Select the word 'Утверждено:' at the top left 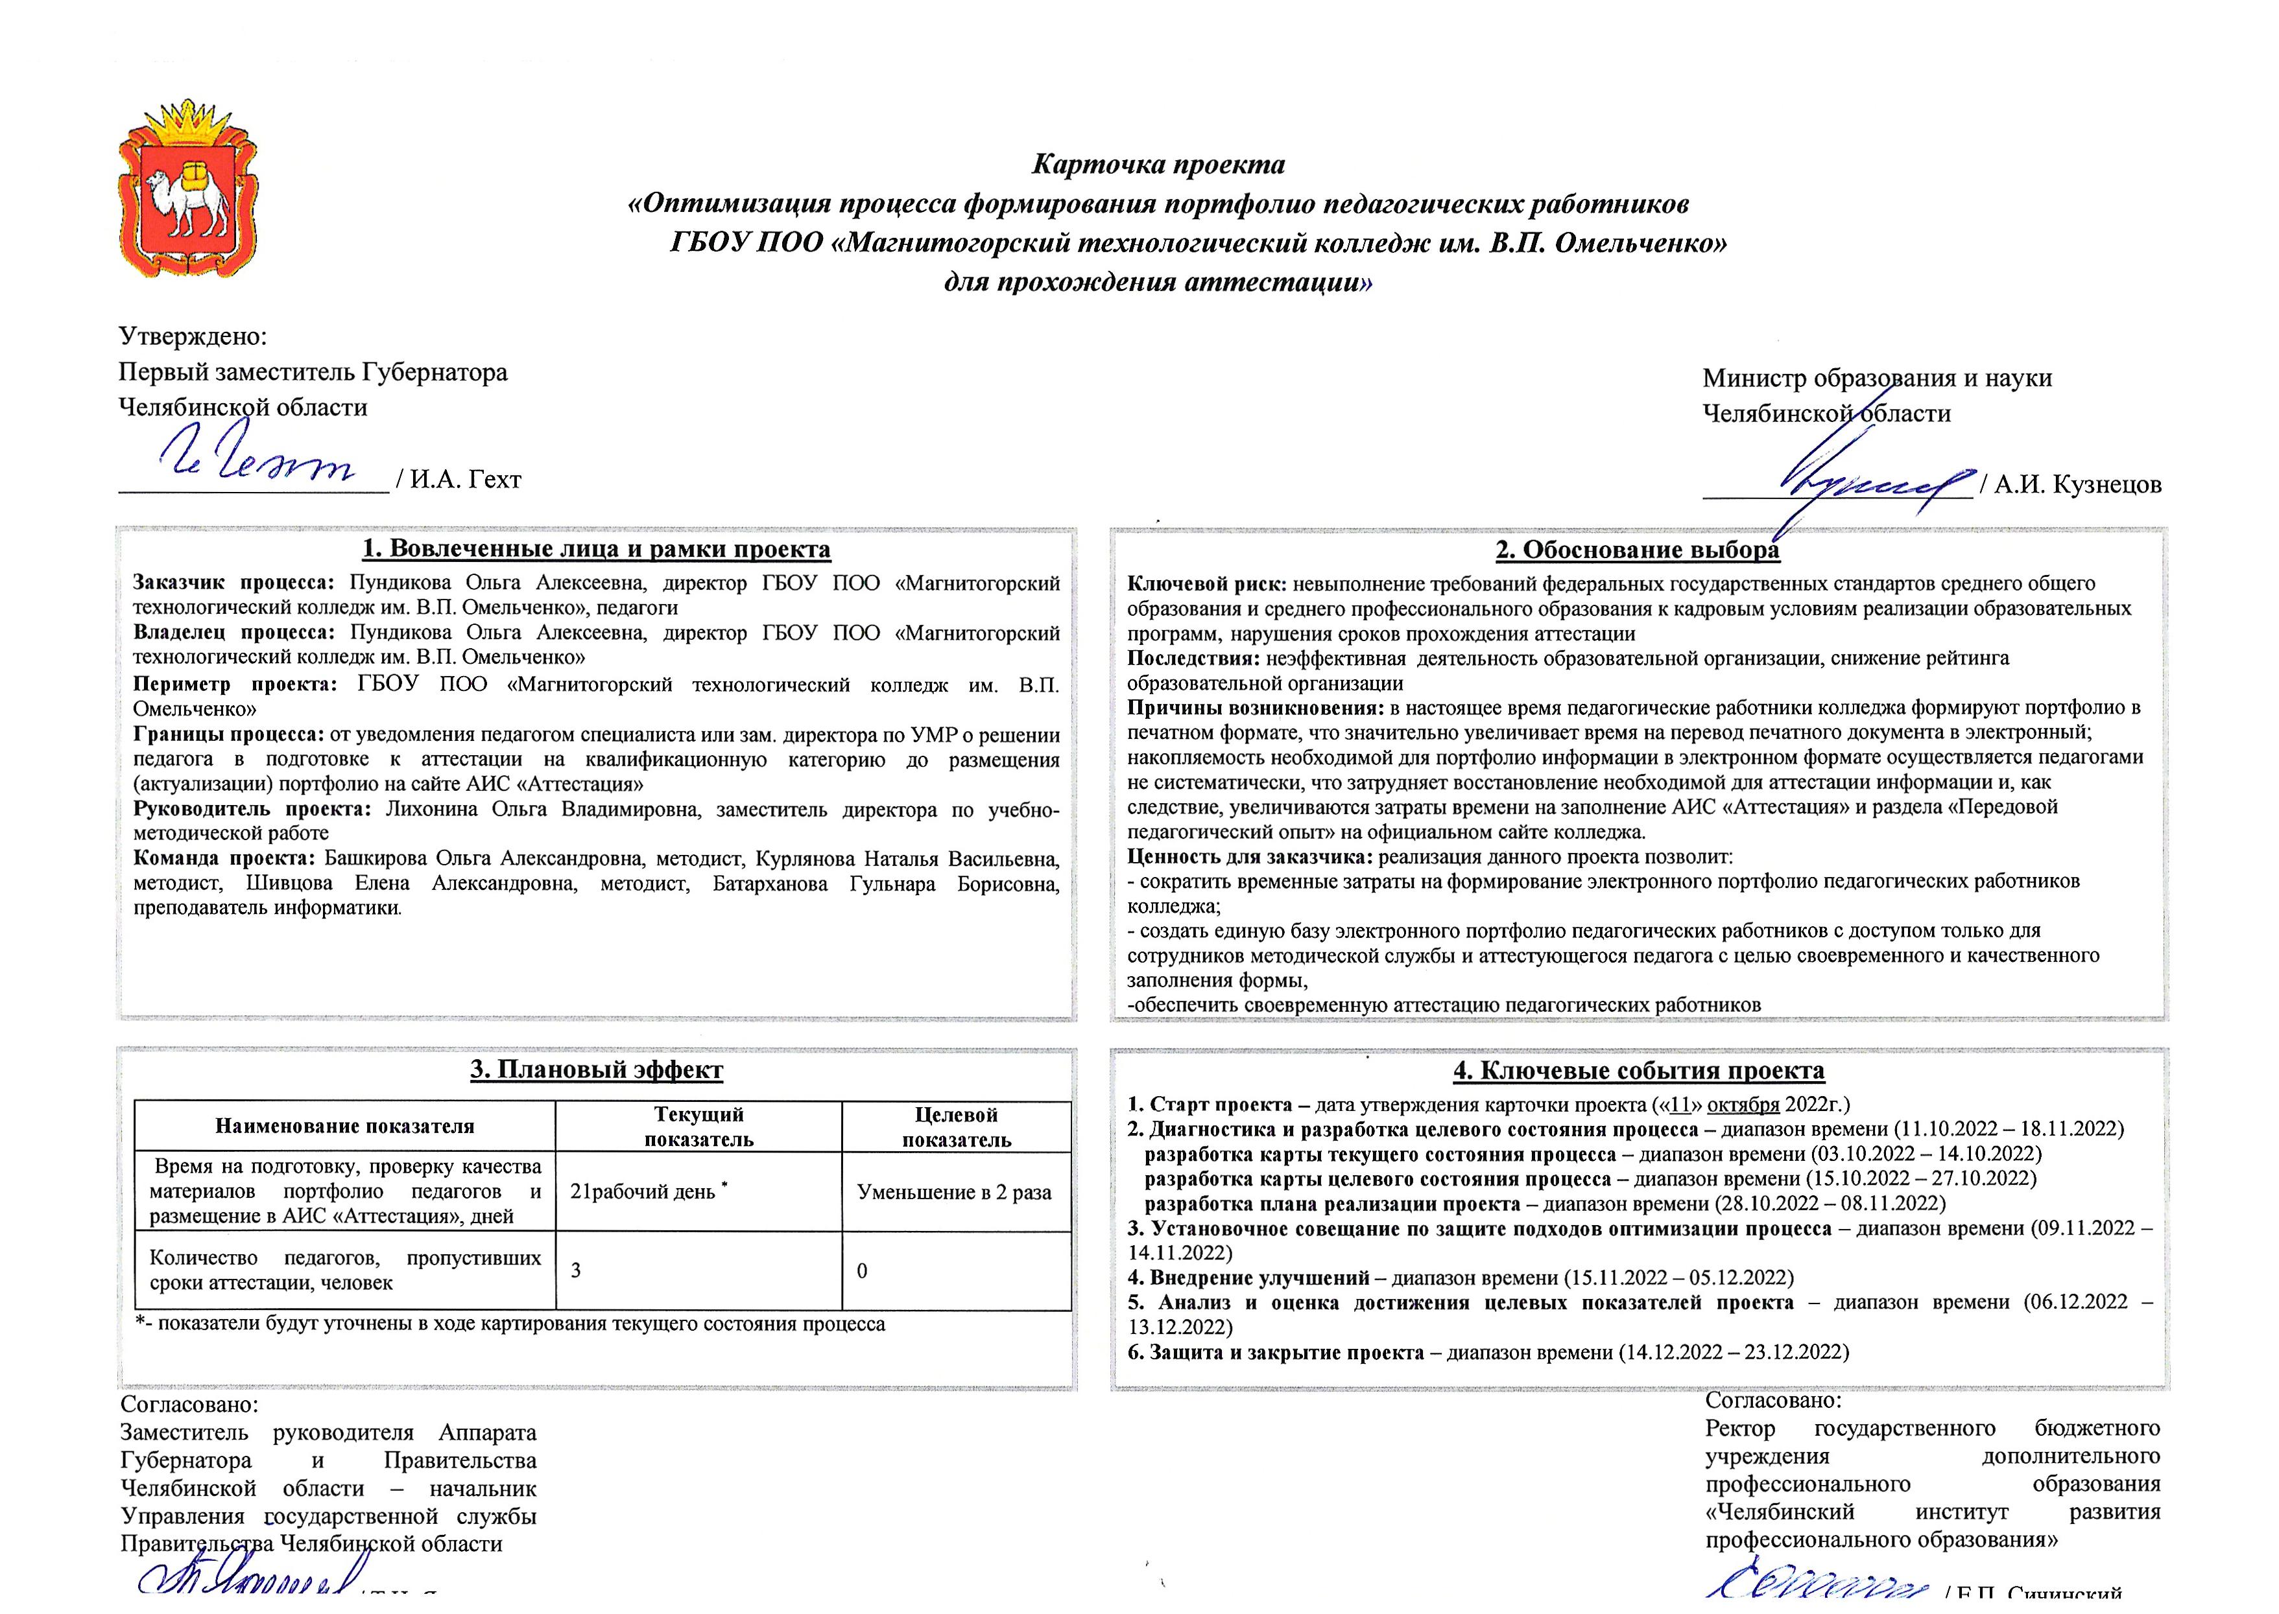tap(193, 336)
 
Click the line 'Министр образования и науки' tap(1876, 379)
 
